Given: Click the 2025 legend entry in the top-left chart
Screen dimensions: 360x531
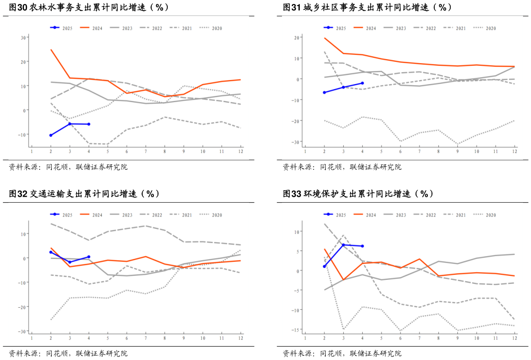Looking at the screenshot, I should coord(61,28).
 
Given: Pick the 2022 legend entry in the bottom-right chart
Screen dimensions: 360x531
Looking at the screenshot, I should coord(424,215).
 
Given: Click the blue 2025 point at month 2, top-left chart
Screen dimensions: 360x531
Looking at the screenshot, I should coord(51,135).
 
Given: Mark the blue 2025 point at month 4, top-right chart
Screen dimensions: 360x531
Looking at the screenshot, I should coord(362,83).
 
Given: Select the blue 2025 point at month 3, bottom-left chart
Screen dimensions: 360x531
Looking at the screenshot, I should coord(70,262).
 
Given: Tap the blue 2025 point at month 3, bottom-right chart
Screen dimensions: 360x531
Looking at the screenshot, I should coord(343,245).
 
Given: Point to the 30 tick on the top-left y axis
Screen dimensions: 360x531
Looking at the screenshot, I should coord(23,38).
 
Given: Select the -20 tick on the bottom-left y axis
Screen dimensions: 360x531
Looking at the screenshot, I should coord(22,307).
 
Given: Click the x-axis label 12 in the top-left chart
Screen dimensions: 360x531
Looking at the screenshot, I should coord(241,151).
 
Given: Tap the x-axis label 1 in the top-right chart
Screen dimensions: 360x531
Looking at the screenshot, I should coord(305,151).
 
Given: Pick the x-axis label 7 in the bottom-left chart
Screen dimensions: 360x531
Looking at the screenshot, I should coord(145,338).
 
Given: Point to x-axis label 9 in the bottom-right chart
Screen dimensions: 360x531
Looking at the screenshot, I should coord(457,338).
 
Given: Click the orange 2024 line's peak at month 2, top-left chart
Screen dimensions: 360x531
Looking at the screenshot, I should coord(51,50).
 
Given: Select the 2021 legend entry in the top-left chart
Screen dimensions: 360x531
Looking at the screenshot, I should coord(186,28).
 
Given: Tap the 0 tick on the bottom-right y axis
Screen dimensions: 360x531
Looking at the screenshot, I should coord(298,271).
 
